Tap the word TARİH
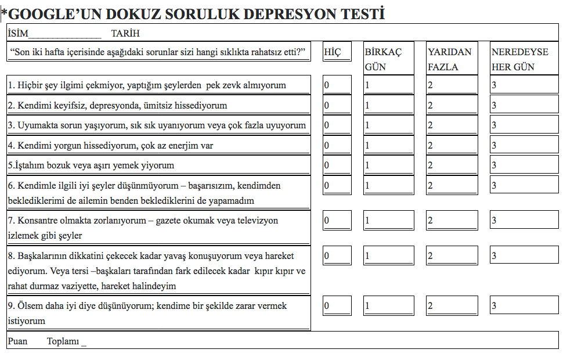125,34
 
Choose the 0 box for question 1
337,85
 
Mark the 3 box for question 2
524,105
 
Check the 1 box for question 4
389,145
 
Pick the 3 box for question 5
524,164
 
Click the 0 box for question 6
337,185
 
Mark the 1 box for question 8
389,255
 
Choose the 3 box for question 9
524,305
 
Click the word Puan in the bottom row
17,341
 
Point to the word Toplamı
63,341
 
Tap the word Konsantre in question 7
37,221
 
